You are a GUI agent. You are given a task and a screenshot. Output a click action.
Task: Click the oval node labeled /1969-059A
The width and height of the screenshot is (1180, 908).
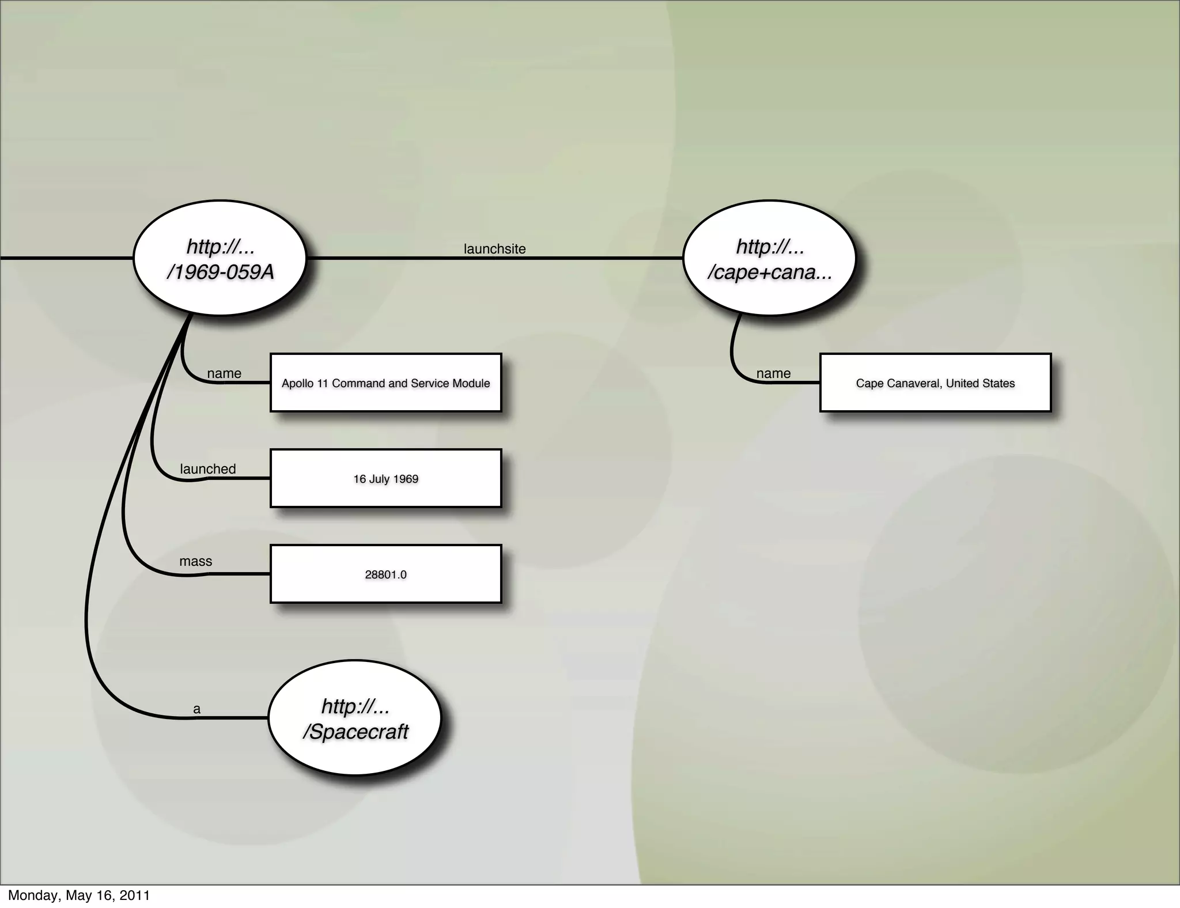tap(220, 258)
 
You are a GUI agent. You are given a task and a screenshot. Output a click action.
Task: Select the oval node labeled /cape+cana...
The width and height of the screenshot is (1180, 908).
tap(769, 258)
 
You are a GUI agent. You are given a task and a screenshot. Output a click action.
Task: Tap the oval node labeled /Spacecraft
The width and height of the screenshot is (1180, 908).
tap(355, 718)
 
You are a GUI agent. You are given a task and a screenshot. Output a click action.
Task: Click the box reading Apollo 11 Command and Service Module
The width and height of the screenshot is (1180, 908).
tap(385, 383)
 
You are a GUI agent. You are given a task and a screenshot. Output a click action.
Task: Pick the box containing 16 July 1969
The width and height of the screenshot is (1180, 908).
tap(385, 478)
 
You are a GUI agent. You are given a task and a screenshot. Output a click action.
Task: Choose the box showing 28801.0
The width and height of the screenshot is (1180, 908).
tap(385, 574)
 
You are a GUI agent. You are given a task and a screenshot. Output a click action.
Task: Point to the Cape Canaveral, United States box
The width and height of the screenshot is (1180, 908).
tap(935, 383)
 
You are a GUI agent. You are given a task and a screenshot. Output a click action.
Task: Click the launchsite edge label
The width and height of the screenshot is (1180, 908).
tap(494, 249)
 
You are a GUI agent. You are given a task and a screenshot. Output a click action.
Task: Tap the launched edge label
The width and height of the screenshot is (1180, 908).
tap(208, 469)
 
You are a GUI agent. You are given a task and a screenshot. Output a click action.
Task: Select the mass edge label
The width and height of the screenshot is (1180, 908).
tap(196, 561)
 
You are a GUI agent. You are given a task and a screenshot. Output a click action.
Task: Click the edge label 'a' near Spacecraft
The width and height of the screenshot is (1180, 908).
tap(197, 709)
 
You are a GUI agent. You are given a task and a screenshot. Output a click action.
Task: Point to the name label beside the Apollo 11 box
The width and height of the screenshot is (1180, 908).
tap(224, 373)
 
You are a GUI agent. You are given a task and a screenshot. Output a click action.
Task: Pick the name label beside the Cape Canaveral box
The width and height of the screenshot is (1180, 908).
tap(773, 373)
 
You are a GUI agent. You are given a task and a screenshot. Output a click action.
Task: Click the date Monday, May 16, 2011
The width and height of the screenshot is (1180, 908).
tap(79, 895)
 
